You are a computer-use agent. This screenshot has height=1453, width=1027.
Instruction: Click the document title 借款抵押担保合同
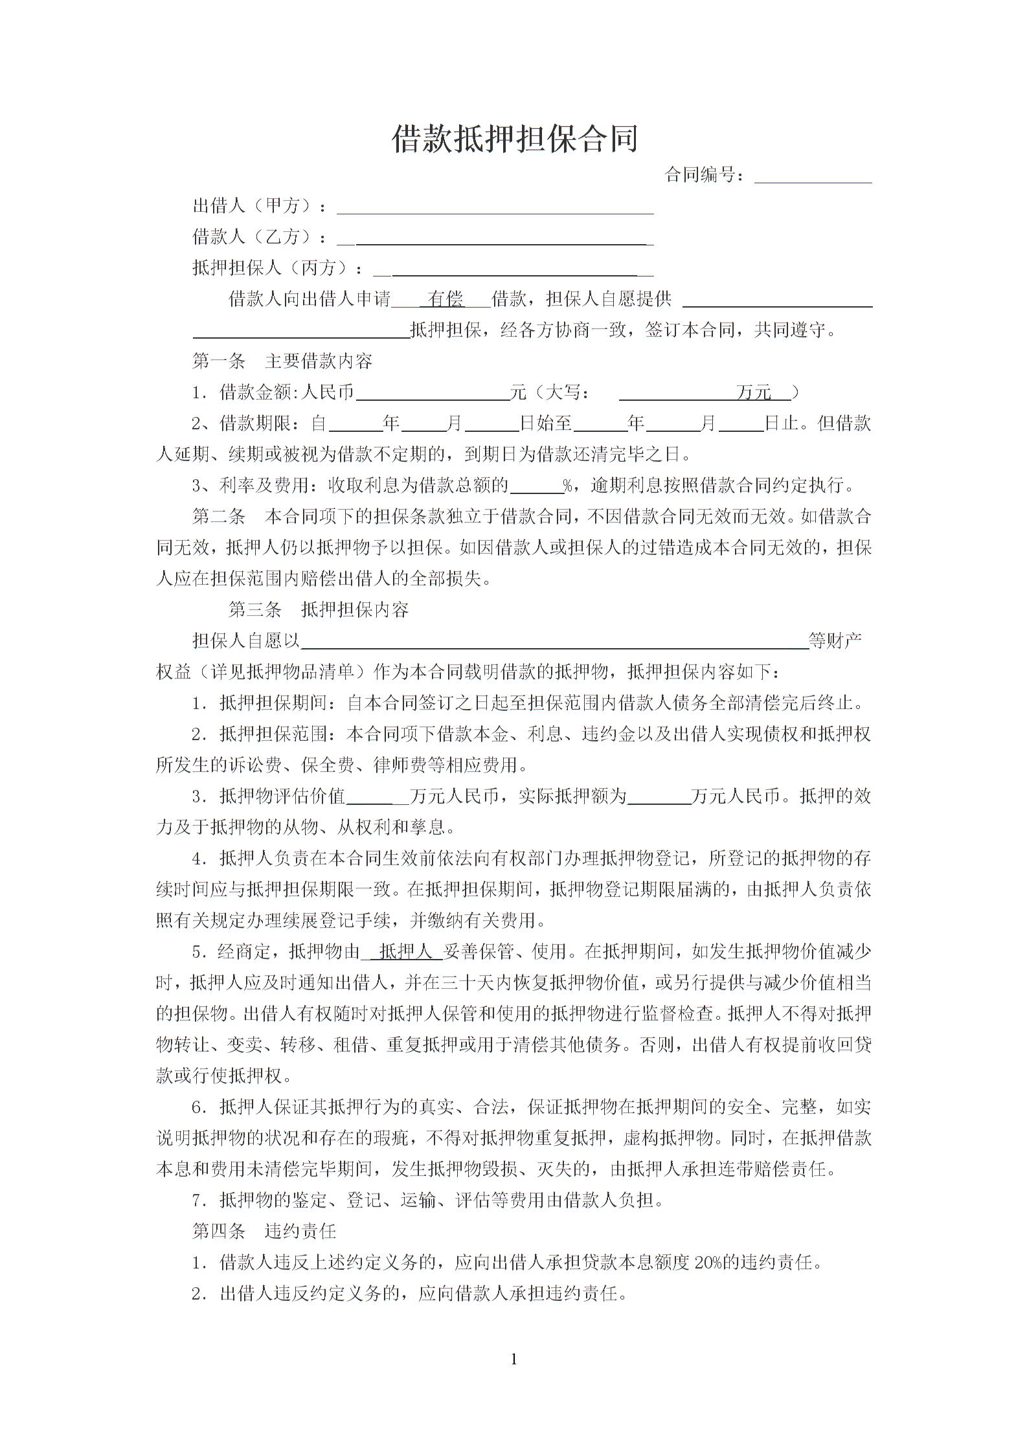click(x=515, y=139)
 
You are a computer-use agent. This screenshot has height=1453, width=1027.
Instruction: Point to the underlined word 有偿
click(x=446, y=299)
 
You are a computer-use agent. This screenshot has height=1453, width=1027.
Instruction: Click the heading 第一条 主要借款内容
click(x=282, y=361)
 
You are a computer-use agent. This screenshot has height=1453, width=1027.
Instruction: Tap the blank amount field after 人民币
click(x=433, y=394)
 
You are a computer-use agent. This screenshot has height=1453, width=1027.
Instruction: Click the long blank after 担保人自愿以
click(x=554, y=642)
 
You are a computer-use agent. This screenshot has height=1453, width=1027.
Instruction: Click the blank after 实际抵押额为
click(x=659, y=798)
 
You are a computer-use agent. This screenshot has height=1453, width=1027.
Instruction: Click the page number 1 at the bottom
click(x=514, y=1360)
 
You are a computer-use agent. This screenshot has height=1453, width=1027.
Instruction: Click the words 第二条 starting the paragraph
click(x=219, y=517)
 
